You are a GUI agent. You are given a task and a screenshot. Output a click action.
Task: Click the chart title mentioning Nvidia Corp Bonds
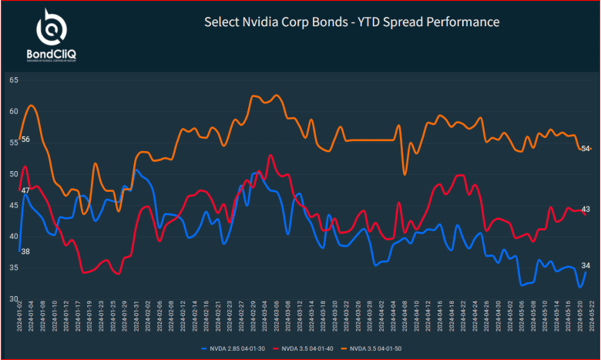[x=351, y=22]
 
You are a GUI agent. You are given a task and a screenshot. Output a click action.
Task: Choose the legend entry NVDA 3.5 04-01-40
[x=306, y=349]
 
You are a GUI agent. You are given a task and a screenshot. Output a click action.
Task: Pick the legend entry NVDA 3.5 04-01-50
[x=376, y=349]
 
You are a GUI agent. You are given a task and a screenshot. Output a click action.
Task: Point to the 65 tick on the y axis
[x=14, y=79]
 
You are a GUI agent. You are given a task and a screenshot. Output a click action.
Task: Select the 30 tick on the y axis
[x=14, y=299]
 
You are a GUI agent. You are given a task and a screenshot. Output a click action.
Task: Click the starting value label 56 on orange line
[x=25, y=140]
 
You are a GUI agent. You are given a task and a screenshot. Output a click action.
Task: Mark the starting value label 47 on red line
[x=25, y=190]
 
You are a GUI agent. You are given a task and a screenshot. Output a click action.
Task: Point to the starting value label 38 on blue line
[x=25, y=252]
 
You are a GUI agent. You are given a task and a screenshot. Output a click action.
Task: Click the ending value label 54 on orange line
[x=586, y=149]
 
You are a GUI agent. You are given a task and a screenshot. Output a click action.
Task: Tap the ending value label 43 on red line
[x=586, y=210]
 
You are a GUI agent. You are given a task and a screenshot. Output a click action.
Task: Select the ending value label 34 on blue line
[x=586, y=265]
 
